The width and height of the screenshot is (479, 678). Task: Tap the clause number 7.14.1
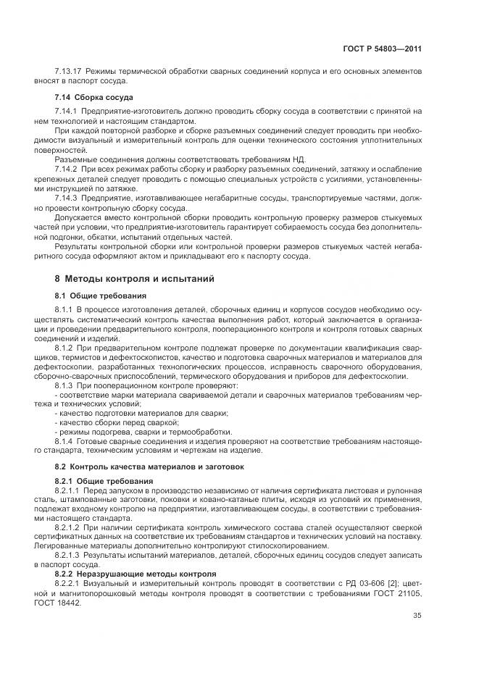click(67, 111)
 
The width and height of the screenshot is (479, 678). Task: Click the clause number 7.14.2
click(67, 168)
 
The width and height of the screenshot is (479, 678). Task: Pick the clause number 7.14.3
click(67, 196)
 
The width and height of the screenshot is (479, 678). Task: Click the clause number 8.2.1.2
click(70, 528)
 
